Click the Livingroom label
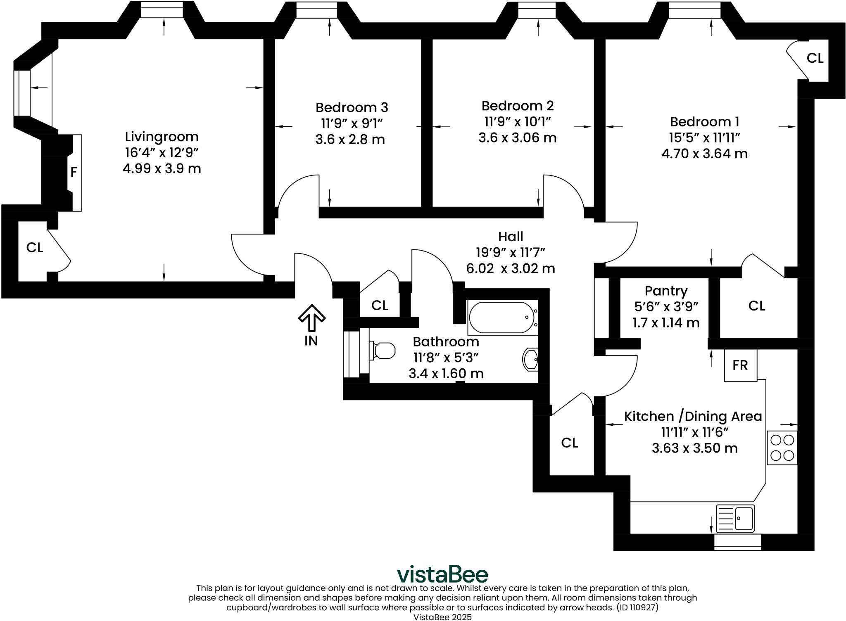tap(162, 137)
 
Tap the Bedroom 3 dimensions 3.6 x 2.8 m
tap(350, 140)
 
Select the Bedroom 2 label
tap(517, 106)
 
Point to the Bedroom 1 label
tap(704, 122)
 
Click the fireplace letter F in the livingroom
tap(74, 172)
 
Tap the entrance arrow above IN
tap(312, 318)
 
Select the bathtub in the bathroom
tap(501, 317)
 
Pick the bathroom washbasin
tap(530, 359)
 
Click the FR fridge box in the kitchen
tap(740, 365)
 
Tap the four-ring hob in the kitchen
tap(782, 448)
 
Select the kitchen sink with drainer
tap(735, 518)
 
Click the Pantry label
tap(666, 291)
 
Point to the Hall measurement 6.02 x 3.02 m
tap(511, 269)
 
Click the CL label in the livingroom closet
tap(35, 248)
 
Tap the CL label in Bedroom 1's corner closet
tap(815, 59)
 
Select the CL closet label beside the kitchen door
tap(569, 443)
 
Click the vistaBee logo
tap(442, 574)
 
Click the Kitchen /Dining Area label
tap(693, 416)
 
